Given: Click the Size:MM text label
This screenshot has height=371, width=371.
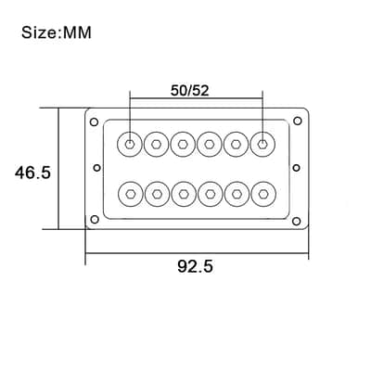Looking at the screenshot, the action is click(x=57, y=32).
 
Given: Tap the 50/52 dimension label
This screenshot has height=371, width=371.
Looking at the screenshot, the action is click(x=190, y=91).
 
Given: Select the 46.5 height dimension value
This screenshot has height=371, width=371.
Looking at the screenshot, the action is click(x=32, y=173).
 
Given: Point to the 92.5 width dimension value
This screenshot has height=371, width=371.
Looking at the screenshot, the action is click(x=195, y=266).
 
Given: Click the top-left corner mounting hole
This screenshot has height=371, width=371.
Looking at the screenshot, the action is click(x=94, y=122).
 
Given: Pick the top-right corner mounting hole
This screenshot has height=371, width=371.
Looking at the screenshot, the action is click(x=298, y=121).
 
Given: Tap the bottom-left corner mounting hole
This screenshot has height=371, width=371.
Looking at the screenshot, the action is click(x=95, y=220).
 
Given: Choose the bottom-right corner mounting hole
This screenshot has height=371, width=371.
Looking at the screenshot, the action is click(x=297, y=221).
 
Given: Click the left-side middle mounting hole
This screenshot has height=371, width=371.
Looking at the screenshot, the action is click(x=97, y=168).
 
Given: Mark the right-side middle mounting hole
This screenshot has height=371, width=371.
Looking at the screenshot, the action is click(x=296, y=168).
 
